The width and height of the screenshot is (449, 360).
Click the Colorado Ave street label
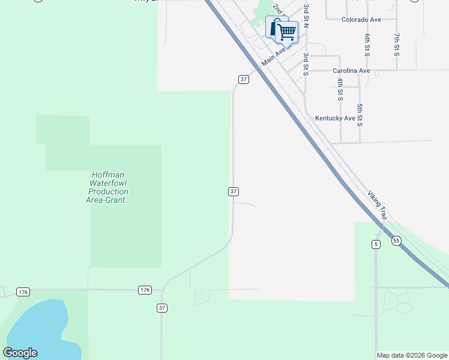click(x=361, y=20)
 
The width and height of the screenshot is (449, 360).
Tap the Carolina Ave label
click(x=351, y=71)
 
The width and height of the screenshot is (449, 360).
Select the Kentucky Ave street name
click(x=335, y=118)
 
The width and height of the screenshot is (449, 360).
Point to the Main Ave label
click(x=275, y=58)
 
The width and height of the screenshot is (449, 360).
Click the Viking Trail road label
click(x=378, y=205)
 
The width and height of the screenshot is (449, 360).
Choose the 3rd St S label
click(x=306, y=64)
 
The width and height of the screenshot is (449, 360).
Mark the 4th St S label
click(x=340, y=88)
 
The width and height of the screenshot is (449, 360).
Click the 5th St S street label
click(x=360, y=115)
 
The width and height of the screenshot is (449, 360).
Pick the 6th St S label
click(x=367, y=45)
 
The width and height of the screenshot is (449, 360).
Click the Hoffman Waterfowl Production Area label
click(x=108, y=187)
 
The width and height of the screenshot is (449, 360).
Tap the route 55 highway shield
click(x=396, y=241)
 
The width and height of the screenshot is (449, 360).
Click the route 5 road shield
click(x=376, y=244)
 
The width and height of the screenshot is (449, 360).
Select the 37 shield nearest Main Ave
click(x=243, y=79)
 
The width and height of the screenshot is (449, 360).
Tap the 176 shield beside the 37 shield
click(x=145, y=290)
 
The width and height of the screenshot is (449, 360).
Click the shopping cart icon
click(x=287, y=32)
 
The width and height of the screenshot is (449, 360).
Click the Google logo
click(x=20, y=353)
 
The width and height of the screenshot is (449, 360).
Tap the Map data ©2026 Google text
click(x=412, y=355)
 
